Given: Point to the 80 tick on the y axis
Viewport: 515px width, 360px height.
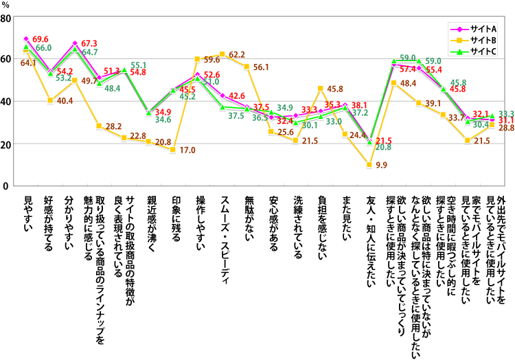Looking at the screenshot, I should click(7, 17).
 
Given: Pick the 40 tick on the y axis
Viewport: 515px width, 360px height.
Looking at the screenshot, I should click(7, 102).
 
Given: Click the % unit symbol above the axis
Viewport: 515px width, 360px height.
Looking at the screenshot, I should click(7, 5).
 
